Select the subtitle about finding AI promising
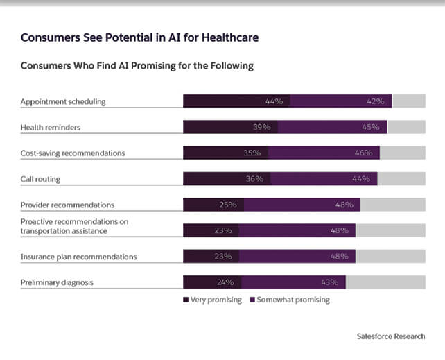click(137, 66)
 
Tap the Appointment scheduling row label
click(63, 101)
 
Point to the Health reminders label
click(51, 127)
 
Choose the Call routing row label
click(41, 179)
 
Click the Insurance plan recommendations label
click(78, 257)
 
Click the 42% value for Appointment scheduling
click(376, 101)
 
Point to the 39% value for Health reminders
click(263, 127)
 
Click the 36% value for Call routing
click(254, 179)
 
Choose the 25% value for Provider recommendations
click(228, 205)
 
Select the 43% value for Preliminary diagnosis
click(329, 282)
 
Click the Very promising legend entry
click(213, 300)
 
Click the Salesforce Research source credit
click(391, 336)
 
